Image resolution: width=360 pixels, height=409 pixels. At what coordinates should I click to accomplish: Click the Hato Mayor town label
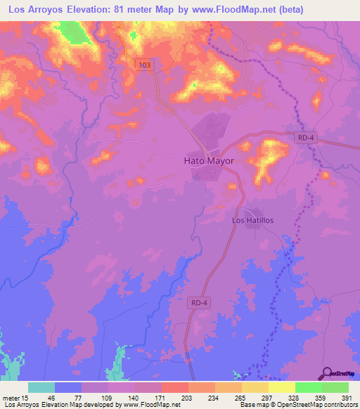tap(208, 160)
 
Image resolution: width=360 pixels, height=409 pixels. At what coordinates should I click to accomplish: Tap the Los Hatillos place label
tap(257, 220)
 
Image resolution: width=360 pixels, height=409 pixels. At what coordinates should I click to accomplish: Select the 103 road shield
tap(144, 64)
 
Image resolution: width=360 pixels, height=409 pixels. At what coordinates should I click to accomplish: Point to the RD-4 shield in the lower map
tap(200, 303)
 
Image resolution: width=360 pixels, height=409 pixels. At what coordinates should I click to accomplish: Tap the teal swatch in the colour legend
tap(41, 387)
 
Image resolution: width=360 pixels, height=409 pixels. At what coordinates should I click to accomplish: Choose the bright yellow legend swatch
tap(281, 387)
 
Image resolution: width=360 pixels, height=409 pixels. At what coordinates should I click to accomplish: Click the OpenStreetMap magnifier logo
tap(327, 374)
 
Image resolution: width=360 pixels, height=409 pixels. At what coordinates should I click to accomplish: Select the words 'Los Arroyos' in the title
tap(35, 11)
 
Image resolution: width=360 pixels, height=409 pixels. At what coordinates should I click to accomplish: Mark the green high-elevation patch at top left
tap(70, 32)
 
